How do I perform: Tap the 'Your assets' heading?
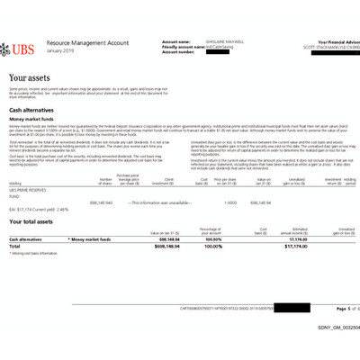coord(32,78)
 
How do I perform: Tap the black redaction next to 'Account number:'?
coord(234,52)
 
